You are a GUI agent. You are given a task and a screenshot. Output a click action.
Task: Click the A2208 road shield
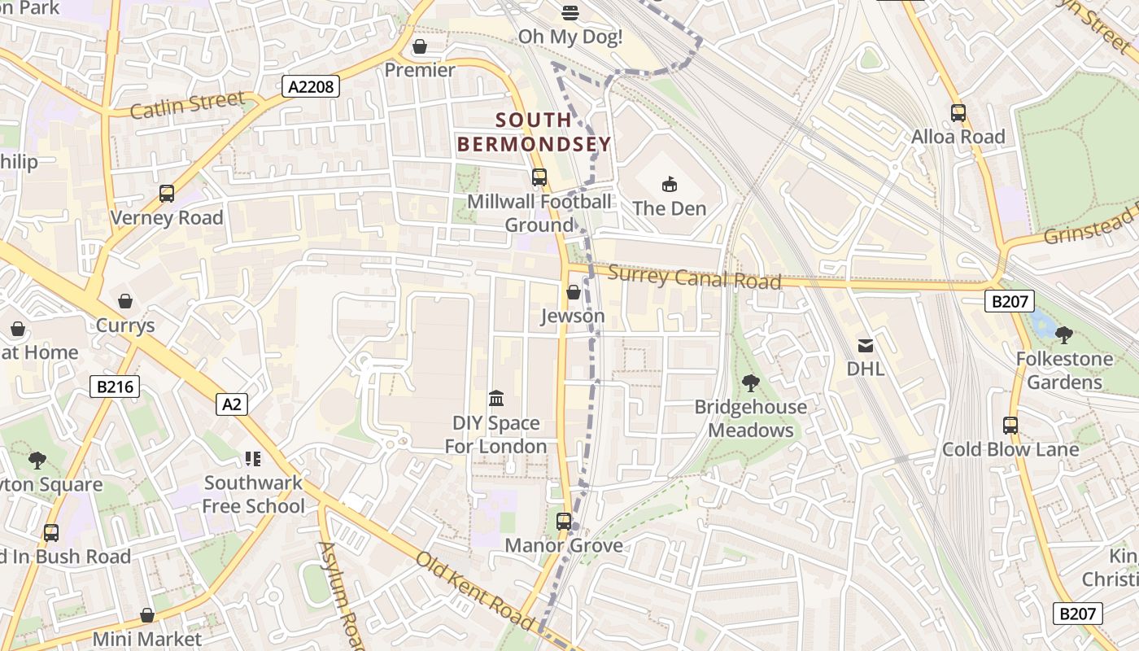click(x=311, y=86)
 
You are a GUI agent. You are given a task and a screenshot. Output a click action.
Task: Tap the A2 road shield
click(x=232, y=404)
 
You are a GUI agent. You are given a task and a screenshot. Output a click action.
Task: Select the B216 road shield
click(x=115, y=387)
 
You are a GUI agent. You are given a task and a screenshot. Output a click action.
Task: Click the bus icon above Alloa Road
click(x=958, y=113)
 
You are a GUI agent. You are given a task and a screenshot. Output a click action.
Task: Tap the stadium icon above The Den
click(x=669, y=185)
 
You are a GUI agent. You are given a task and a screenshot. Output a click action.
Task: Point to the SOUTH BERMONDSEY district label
click(x=533, y=133)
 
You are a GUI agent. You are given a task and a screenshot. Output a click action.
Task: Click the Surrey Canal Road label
click(x=694, y=277)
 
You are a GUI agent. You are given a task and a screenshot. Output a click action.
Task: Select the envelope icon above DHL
click(x=865, y=346)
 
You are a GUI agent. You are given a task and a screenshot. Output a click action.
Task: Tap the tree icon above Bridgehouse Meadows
click(x=750, y=382)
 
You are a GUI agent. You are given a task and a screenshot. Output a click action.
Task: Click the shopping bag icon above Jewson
click(x=574, y=292)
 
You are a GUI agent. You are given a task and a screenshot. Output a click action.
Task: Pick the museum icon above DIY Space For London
click(x=496, y=399)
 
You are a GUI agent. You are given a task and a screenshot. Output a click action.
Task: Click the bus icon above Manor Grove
click(x=564, y=522)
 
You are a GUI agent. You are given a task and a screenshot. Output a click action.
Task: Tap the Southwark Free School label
click(x=253, y=494)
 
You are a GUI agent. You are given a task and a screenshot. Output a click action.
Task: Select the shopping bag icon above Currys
click(x=125, y=302)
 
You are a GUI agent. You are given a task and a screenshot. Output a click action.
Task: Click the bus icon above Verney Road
click(x=167, y=194)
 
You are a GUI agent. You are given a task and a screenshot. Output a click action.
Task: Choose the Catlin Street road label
click(x=187, y=105)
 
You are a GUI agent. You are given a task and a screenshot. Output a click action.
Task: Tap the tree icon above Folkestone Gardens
click(x=1063, y=334)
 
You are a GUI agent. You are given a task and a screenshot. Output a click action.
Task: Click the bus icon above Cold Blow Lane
click(x=1010, y=426)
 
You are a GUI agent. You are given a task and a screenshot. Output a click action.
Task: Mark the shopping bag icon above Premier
click(x=420, y=46)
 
